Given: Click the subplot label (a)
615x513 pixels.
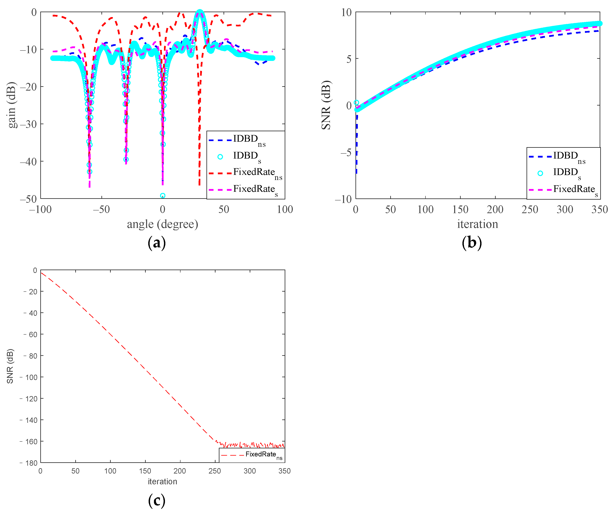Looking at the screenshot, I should point(157,243).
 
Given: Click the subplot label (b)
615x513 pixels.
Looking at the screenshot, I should point(471,243).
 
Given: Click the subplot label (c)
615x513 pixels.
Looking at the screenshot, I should point(157,501).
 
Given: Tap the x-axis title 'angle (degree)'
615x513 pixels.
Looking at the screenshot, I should point(163,224).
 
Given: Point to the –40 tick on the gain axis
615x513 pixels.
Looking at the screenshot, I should point(28,161).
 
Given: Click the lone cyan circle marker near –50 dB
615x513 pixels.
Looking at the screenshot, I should point(163,195).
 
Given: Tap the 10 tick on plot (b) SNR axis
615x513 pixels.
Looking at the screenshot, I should point(346,12).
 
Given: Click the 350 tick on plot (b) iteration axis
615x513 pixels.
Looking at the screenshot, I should point(599,209).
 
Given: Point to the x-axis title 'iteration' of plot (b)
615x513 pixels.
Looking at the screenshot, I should point(477,224).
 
